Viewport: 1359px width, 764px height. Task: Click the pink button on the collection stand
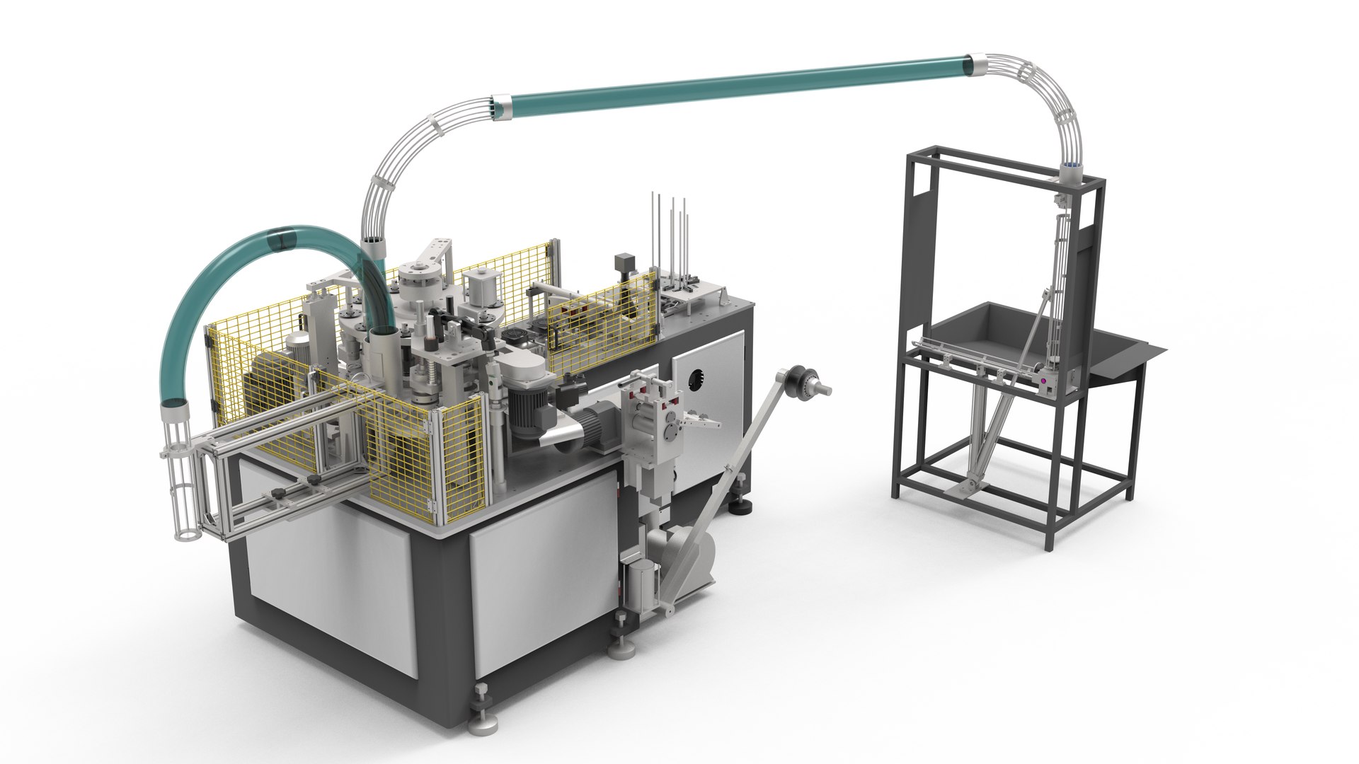[1043, 382]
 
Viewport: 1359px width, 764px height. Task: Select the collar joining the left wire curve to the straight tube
[501, 106]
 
